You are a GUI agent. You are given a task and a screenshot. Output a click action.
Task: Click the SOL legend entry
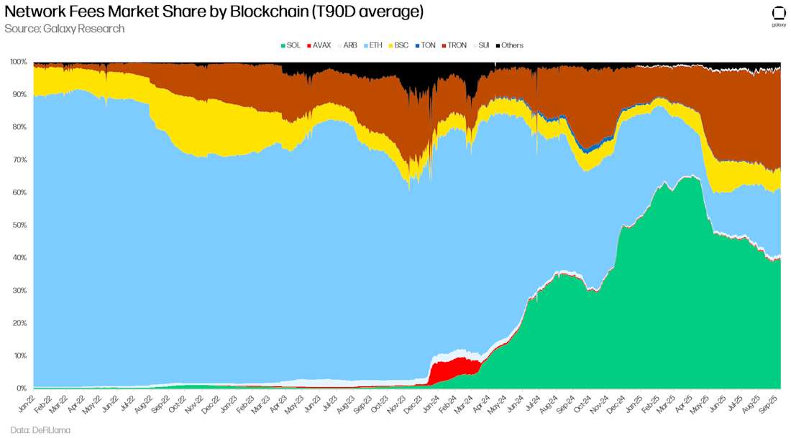tap(291, 45)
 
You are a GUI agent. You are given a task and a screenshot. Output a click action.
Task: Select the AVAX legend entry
tap(319, 45)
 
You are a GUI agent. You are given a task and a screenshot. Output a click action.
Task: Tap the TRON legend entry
tap(454, 45)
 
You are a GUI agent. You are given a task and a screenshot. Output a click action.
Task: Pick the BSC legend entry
tap(398, 45)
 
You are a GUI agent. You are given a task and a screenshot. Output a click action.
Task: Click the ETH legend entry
tap(372, 45)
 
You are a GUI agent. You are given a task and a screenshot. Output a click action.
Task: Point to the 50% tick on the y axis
tap(20, 225)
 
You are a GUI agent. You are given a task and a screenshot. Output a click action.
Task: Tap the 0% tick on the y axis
tap(22, 388)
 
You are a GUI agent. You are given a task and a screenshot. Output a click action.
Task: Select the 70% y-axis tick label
tap(20, 160)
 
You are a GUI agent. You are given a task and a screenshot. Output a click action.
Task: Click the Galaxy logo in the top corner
tap(779, 15)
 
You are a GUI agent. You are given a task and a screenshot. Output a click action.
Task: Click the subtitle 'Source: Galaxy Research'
tap(64, 29)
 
